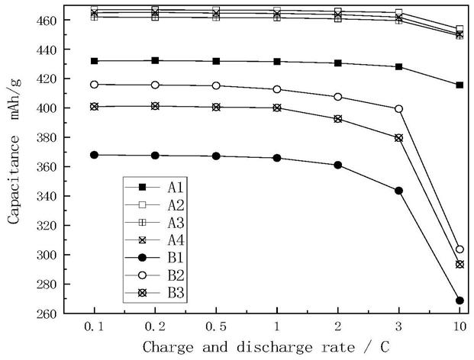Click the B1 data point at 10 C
coord(459,301)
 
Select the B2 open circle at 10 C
coord(459,249)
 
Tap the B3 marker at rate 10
coord(459,264)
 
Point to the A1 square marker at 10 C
coord(459,85)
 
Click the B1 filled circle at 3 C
coord(398,191)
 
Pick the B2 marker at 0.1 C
coord(94,85)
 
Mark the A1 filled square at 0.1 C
coord(94,61)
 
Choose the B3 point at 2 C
coord(337,119)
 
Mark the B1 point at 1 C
coord(276,158)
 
